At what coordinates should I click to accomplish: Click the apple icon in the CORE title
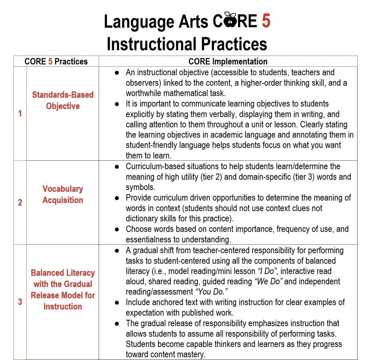click(230, 21)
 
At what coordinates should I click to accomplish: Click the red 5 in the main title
click(266, 22)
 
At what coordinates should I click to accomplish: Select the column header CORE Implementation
click(228, 61)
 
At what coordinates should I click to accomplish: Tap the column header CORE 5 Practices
click(56, 61)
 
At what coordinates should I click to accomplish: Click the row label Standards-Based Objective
click(62, 100)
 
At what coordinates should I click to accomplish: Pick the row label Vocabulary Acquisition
click(62, 195)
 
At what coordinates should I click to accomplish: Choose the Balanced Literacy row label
click(62, 289)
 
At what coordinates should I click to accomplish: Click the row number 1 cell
click(20, 113)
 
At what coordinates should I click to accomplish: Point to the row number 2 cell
click(20, 203)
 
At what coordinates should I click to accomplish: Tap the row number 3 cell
click(20, 302)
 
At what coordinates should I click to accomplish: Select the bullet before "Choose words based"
click(117, 229)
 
